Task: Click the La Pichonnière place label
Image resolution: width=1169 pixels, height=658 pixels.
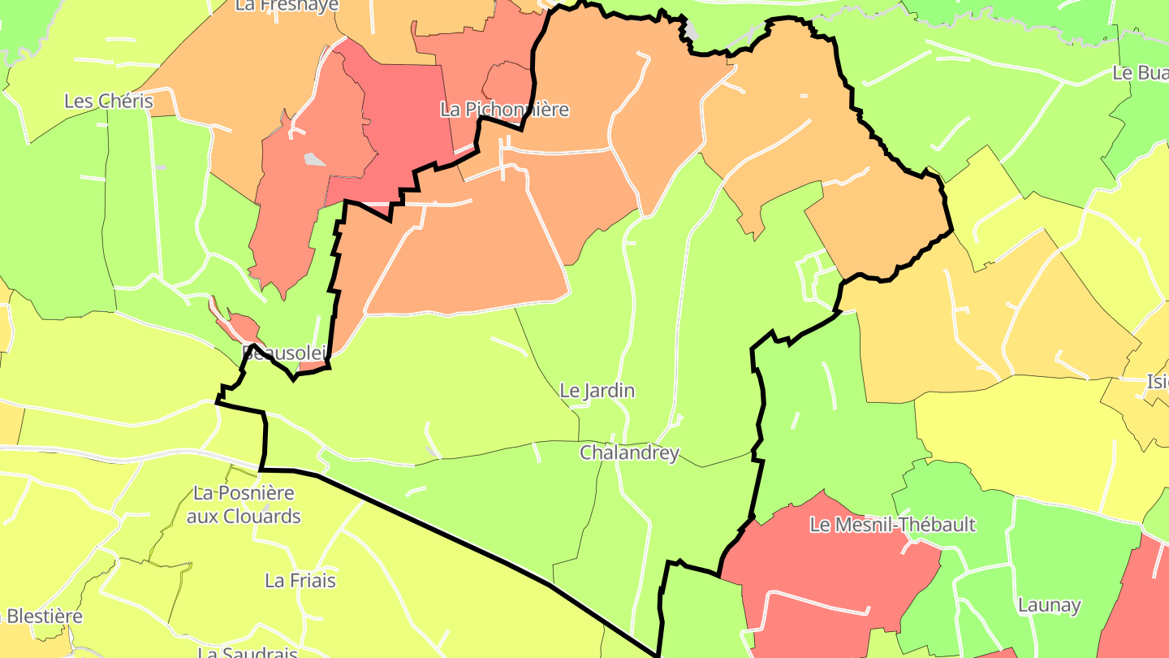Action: point(504,110)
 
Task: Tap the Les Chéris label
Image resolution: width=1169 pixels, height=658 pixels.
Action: point(109,102)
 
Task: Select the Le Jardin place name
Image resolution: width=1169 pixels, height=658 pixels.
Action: point(597,391)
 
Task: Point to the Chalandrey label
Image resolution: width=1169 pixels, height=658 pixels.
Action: point(629,452)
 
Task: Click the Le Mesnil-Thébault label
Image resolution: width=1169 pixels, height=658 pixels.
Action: point(892,525)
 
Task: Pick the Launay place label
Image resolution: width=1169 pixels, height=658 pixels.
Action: point(1049,605)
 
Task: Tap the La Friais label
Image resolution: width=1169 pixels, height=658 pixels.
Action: point(300,581)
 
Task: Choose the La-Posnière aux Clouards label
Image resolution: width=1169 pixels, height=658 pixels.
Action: point(244,504)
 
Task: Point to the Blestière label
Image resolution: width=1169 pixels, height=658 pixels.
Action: point(44,616)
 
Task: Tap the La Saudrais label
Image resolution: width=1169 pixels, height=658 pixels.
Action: point(248,652)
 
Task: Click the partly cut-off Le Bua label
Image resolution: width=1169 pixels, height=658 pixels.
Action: point(1140,72)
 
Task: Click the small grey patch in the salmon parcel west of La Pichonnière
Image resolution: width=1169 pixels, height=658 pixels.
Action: point(314,159)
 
